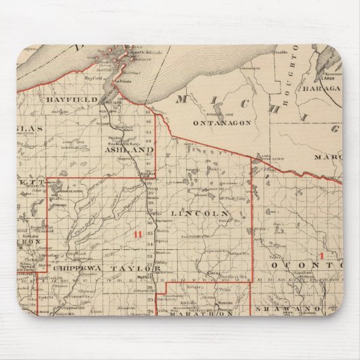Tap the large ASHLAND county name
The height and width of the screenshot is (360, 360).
click(129, 149)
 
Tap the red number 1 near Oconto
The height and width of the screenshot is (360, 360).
click(321, 255)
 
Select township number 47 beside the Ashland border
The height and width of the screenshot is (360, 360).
click(148, 108)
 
